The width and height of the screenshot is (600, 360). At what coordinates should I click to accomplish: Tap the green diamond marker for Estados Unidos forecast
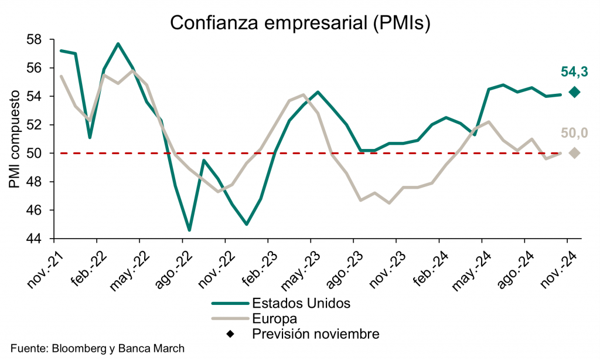pos(574,92)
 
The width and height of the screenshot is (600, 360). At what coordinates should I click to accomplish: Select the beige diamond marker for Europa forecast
pos(574,153)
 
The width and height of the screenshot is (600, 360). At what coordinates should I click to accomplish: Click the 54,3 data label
pos(574,72)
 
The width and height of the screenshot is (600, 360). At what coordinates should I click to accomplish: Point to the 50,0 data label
pos(574,133)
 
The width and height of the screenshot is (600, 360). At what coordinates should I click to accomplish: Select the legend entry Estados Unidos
pos(301,303)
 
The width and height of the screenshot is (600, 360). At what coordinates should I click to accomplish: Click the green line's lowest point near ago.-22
pos(189,230)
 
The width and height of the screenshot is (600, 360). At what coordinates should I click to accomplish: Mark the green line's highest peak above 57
pos(118,43)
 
